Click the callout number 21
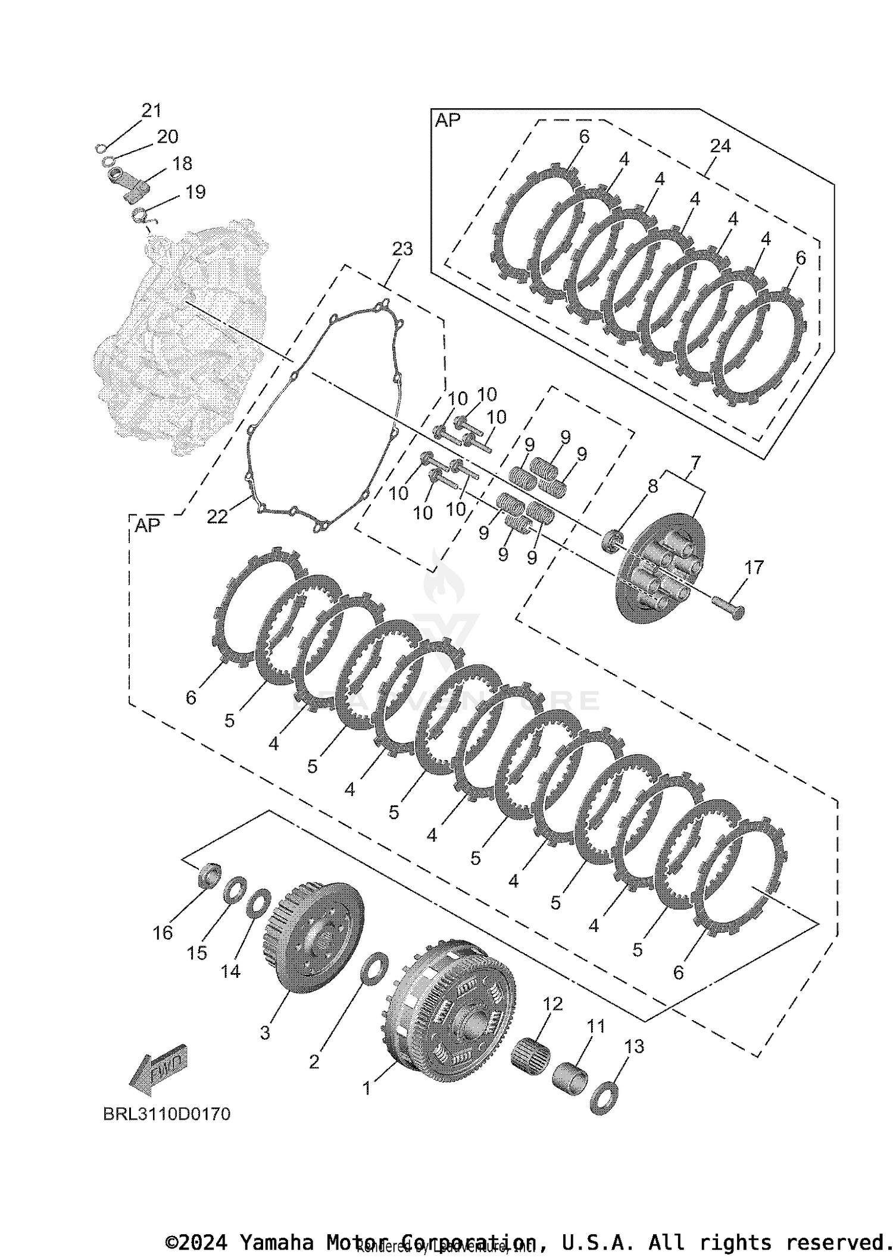coord(151,111)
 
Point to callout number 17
coord(754,567)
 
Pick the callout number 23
coord(402,249)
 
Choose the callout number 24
coord(720,146)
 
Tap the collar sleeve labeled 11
coord(570,1076)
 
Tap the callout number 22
coord(217,517)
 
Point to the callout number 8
coord(653,486)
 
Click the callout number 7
coord(695,462)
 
